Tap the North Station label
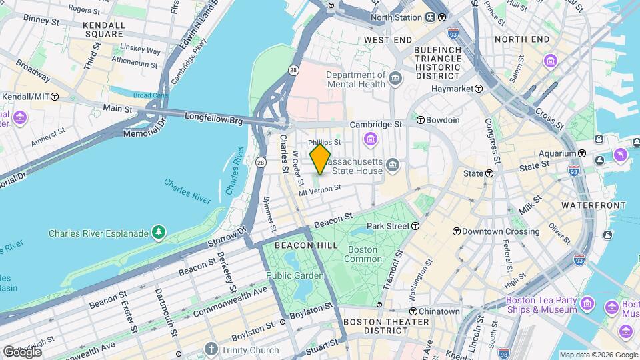coord(397,17)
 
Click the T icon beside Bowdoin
coord(421,120)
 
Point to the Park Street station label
coord(387,226)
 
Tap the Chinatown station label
coord(439,311)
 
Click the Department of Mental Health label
coord(355,79)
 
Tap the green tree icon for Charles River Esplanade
coord(159,233)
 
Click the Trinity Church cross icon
coord(211,349)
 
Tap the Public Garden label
coord(295,275)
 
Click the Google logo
coord(22,351)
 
